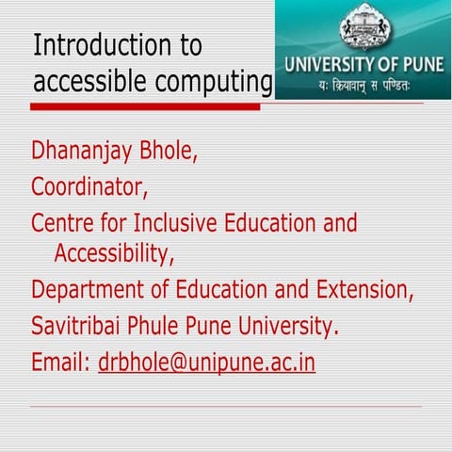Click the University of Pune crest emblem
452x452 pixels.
(363, 28)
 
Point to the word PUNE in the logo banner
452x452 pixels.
(411, 69)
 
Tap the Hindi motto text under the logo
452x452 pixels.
(363, 89)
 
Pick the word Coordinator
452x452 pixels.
(89, 186)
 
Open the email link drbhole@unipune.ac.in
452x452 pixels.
(206, 363)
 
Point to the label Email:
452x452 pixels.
(61, 363)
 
